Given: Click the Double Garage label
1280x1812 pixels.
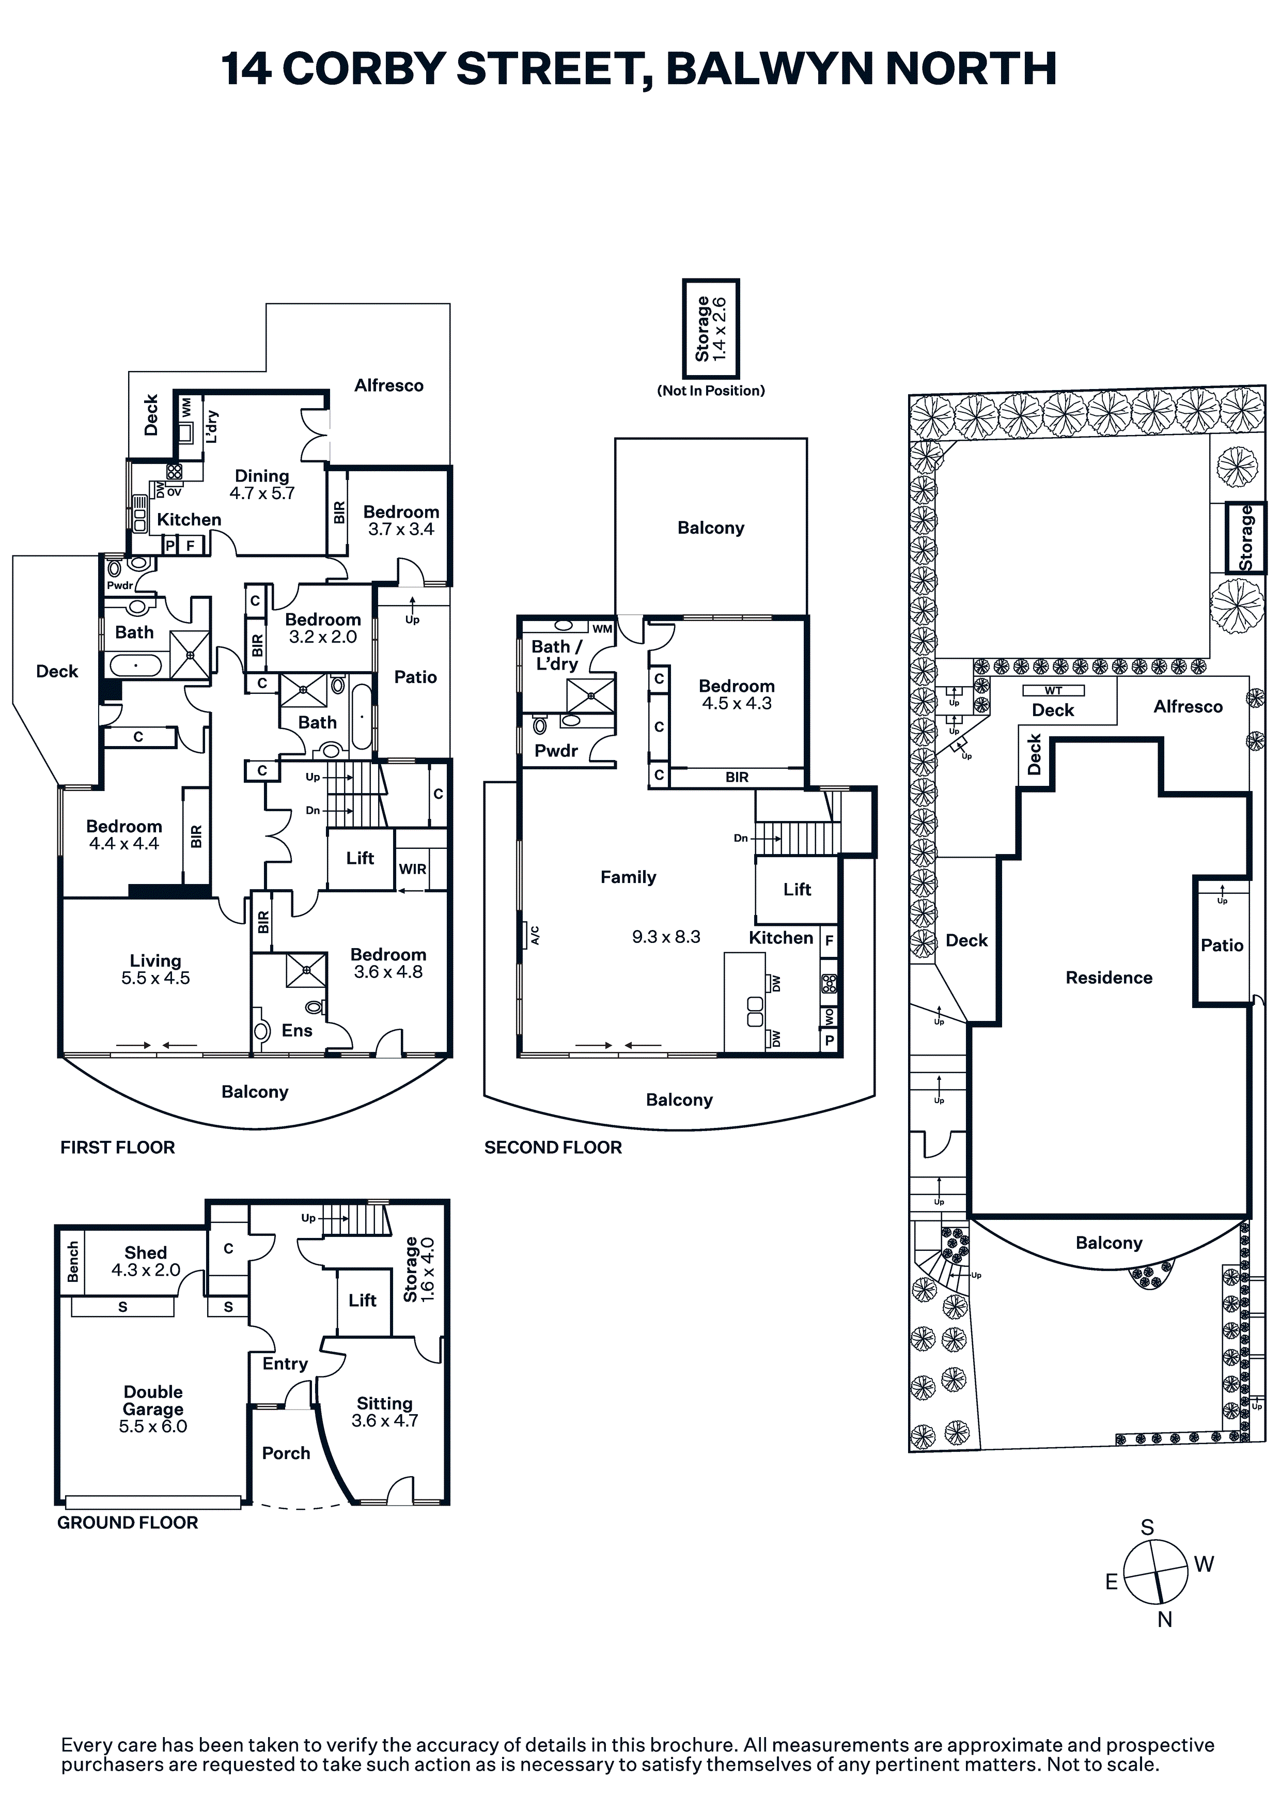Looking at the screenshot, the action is pos(153,1400).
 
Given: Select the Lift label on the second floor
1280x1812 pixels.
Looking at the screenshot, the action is pos(797,889).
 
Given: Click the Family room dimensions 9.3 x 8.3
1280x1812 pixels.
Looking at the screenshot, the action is pos(666,937).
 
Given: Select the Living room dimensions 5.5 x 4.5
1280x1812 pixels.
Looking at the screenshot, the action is pos(155,978).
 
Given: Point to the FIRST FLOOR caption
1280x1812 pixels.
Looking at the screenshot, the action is pos(118,1148).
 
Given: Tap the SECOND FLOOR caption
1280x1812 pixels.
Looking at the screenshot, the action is pos(553,1148).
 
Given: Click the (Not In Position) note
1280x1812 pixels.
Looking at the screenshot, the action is pos(711,391).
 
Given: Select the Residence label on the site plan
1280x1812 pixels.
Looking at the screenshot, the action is pos(1109,978).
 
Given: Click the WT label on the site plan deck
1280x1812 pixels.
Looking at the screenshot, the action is pos(1054,691).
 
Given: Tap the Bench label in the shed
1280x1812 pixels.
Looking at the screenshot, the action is pos(73,1261).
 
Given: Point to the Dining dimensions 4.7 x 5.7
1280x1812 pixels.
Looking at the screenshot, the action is pos(262,493).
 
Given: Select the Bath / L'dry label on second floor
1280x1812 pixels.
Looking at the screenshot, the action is pos(557,655).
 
